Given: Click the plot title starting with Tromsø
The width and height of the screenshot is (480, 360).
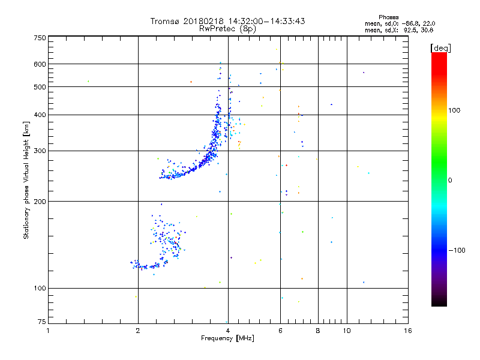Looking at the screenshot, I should click(x=228, y=21).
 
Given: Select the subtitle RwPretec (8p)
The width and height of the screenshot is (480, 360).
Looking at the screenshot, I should click(x=228, y=28).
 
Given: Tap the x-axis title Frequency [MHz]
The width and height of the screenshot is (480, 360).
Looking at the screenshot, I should click(x=227, y=338).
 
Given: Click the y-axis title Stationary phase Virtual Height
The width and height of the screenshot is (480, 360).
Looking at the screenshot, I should click(x=26, y=180).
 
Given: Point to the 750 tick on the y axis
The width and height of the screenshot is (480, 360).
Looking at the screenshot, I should click(x=40, y=38).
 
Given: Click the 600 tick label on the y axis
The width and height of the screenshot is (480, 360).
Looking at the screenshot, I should click(x=40, y=64).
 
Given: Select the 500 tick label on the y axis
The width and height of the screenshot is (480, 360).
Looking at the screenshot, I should click(x=40, y=87).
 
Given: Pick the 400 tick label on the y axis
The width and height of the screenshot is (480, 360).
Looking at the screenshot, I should click(x=40, y=115).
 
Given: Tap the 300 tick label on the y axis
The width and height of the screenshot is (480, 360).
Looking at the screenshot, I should click(x=40, y=151).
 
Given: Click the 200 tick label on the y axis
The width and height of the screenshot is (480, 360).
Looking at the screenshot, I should click(x=40, y=201).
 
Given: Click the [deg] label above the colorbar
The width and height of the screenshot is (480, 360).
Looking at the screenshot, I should click(x=441, y=47).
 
